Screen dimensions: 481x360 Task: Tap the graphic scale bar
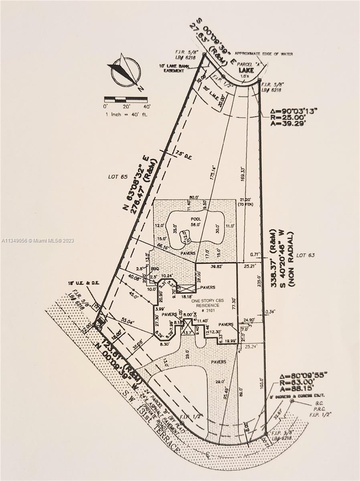tap(127, 99)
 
